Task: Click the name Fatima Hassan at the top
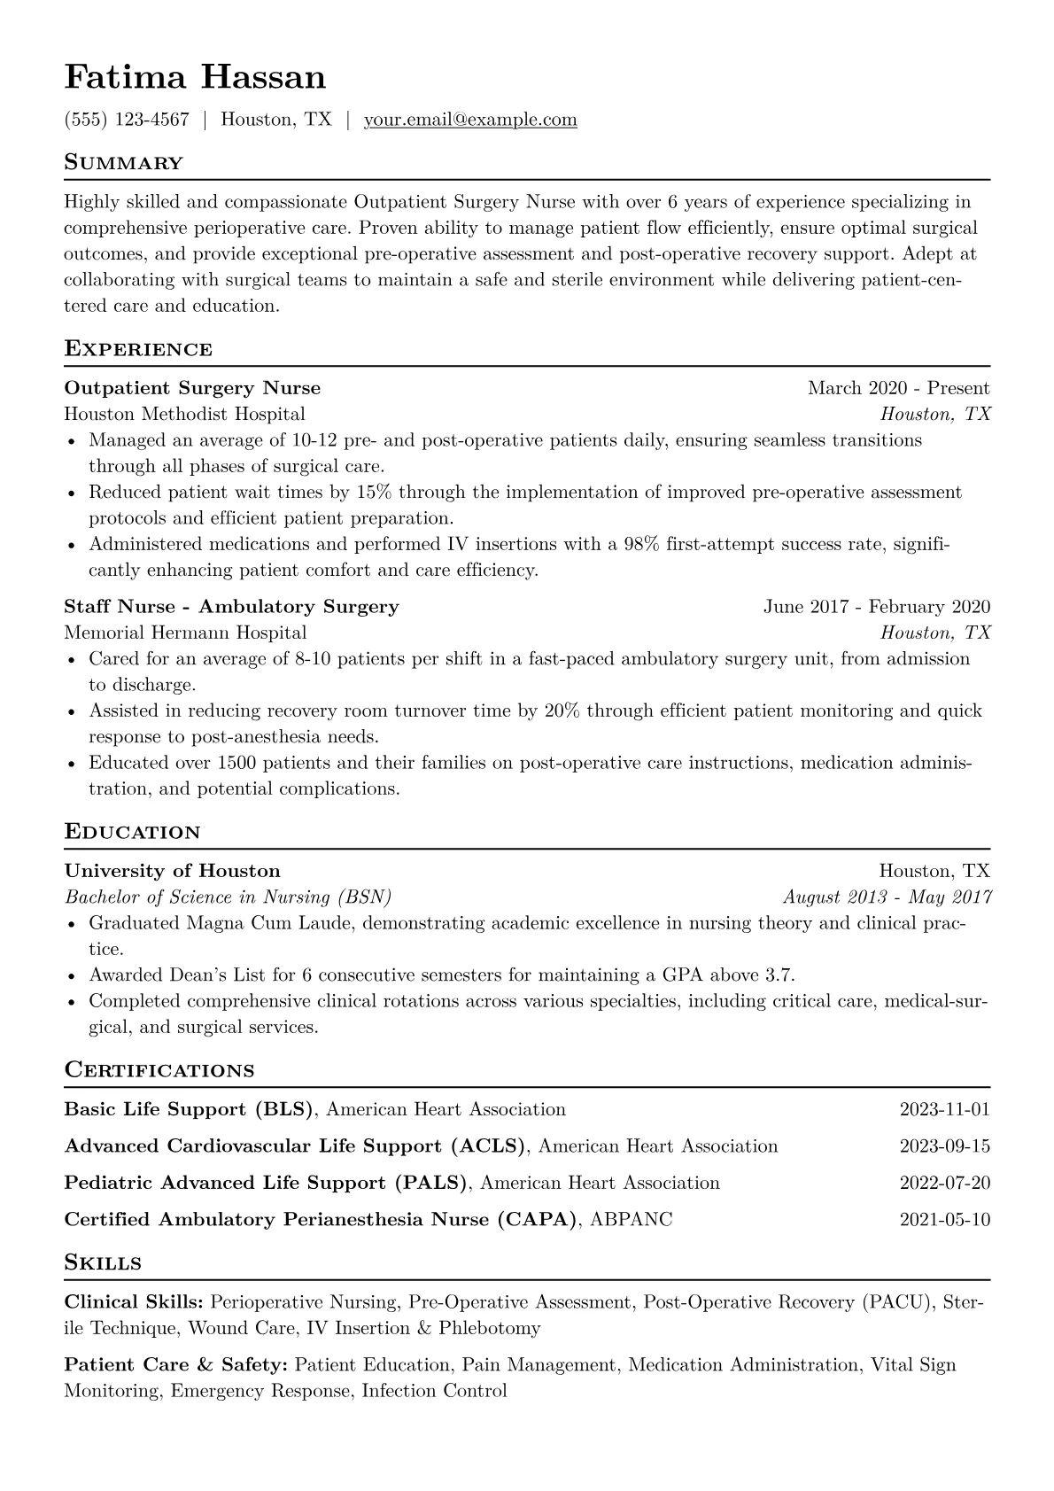195,78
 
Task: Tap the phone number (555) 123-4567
127,120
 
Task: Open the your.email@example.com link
470,120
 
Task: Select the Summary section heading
124,163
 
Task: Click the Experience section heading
138,349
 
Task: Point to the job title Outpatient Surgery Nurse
192,388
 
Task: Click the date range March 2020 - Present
898,388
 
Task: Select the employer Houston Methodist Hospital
184,414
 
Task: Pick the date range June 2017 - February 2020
876,607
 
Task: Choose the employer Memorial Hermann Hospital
185,633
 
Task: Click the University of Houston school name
172,871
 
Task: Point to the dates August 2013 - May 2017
887,897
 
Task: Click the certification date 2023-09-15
944,1146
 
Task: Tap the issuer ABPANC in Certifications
631,1220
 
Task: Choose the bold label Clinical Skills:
135,1302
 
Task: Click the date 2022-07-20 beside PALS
944,1183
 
